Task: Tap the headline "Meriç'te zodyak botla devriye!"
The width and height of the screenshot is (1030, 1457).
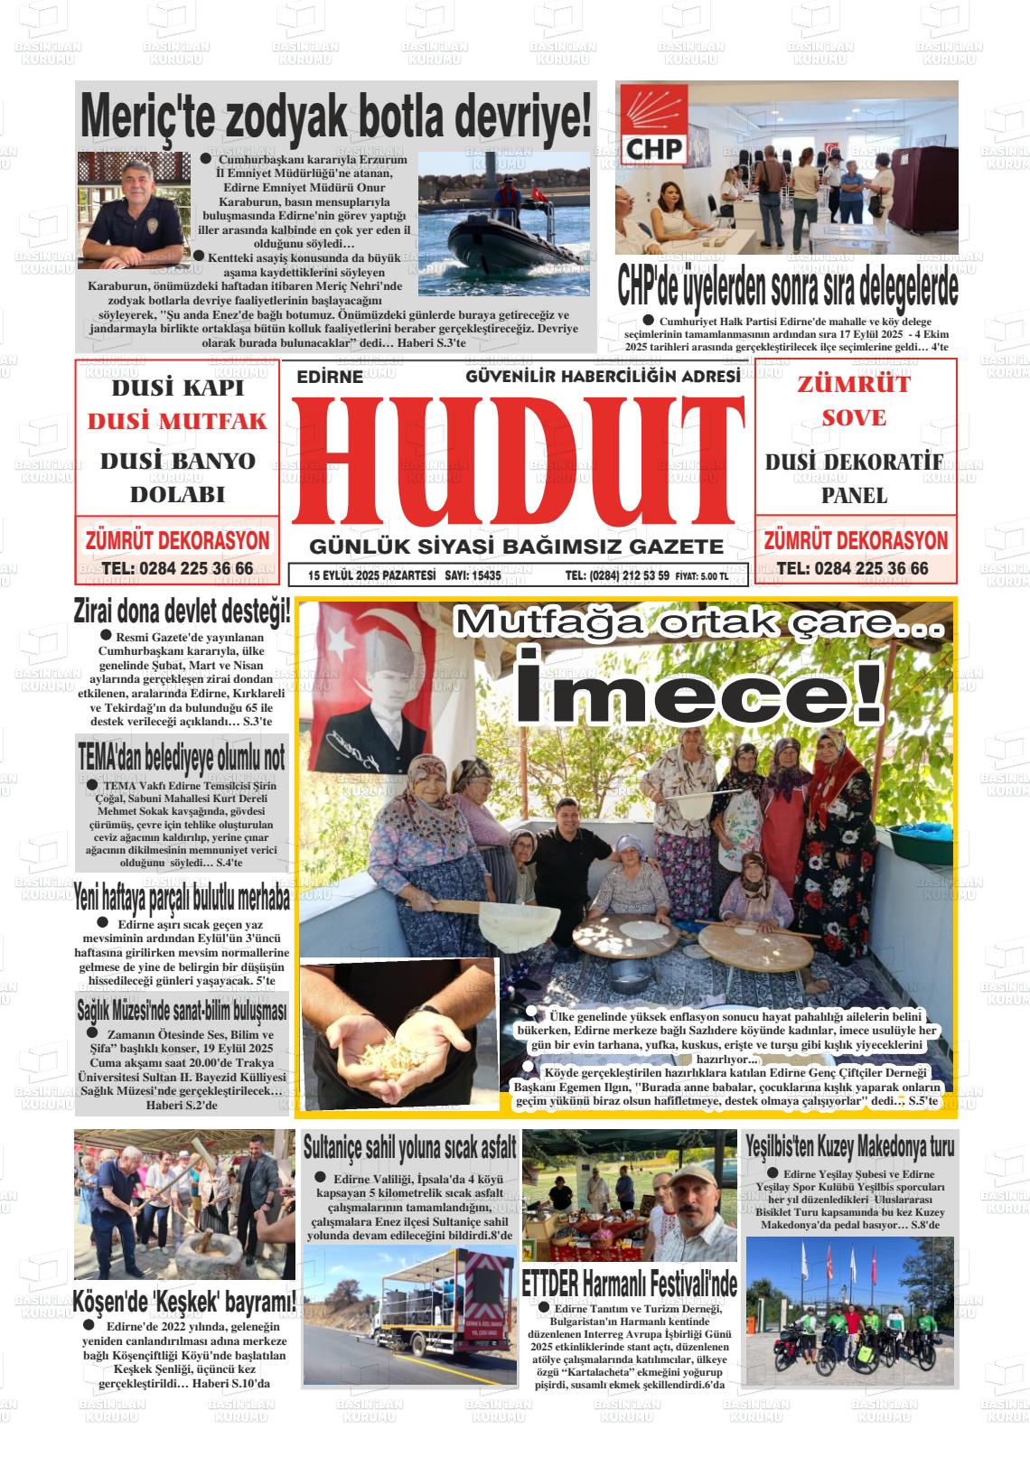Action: [x=335, y=116]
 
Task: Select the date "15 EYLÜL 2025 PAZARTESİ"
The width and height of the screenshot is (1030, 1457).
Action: [x=371, y=574]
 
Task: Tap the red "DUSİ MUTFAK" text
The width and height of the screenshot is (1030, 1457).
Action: [x=177, y=422]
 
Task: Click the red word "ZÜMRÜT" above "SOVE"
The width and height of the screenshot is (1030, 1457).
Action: [x=854, y=384]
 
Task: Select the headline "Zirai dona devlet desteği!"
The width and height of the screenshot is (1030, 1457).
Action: [x=183, y=612]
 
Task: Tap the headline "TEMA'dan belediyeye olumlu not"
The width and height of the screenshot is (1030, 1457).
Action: [x=182, y=758]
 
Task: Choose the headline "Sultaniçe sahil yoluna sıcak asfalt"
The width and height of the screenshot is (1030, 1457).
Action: [x=409, y=1148]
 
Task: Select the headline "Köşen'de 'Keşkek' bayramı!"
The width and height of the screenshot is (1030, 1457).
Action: [x=184, y=1303]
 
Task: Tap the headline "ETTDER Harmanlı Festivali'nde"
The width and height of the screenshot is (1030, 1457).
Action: [x=630, y=1283]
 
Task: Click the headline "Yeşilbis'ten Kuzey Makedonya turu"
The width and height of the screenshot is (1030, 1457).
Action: [x=850, y=1147]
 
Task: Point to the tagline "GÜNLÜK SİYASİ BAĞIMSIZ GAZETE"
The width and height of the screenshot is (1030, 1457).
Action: [x=517, y=546]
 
